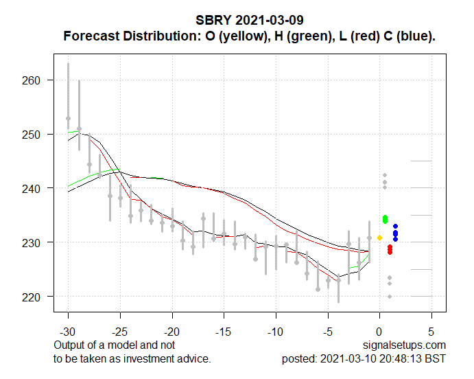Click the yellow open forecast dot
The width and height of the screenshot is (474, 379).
coord(379,238)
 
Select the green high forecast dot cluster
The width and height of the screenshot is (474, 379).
coord(385,219)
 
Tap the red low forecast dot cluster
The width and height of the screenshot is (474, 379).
coord(390,249)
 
